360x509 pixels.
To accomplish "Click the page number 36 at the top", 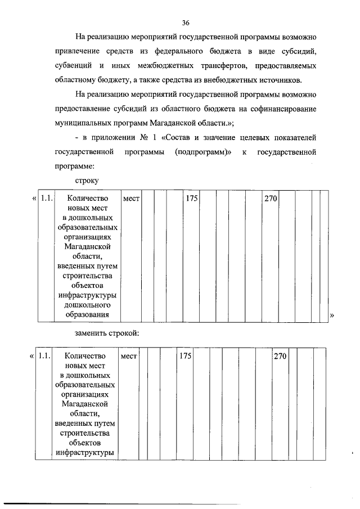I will click(186, 23).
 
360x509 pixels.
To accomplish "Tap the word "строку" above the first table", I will click(87, 181).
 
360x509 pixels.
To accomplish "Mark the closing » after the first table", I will click(331, 316).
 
